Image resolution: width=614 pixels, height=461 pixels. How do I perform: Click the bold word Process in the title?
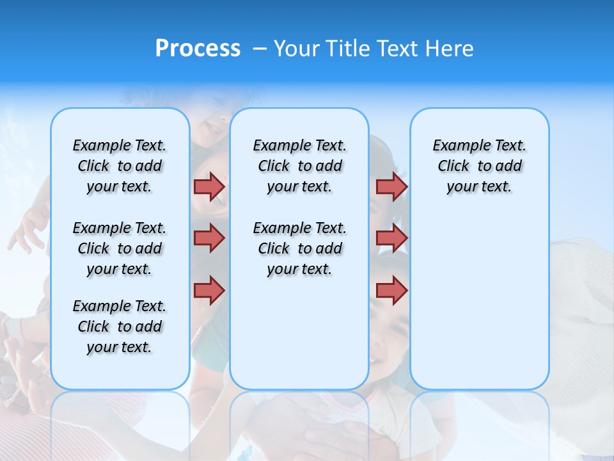[198, 49]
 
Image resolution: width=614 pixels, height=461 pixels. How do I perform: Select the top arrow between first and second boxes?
[209, 186]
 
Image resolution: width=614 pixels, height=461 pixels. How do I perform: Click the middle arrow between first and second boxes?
[209, 238]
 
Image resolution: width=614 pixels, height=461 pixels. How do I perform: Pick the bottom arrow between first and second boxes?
[209, 290]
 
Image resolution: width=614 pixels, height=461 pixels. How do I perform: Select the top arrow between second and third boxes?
[391, 186]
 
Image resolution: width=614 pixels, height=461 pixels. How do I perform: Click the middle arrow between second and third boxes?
[391, 238]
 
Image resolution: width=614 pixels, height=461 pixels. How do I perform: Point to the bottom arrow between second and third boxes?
[391, 290]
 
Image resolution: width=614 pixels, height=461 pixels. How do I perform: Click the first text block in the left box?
[120, 166]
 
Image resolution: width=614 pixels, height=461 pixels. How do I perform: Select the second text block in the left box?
[120, 248]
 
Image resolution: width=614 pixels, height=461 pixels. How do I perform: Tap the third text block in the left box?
[120, 327]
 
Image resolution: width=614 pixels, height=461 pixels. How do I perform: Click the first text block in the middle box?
[299, 166]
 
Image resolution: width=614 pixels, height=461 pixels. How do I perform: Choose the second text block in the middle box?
[299, 248]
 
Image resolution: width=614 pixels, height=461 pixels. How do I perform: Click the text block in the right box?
[479, 166]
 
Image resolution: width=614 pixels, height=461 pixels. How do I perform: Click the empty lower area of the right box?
[479, 301]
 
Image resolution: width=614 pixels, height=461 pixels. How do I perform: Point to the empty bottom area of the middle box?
[299, 339]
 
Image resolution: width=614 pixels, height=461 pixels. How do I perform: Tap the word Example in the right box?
[457, 146]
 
